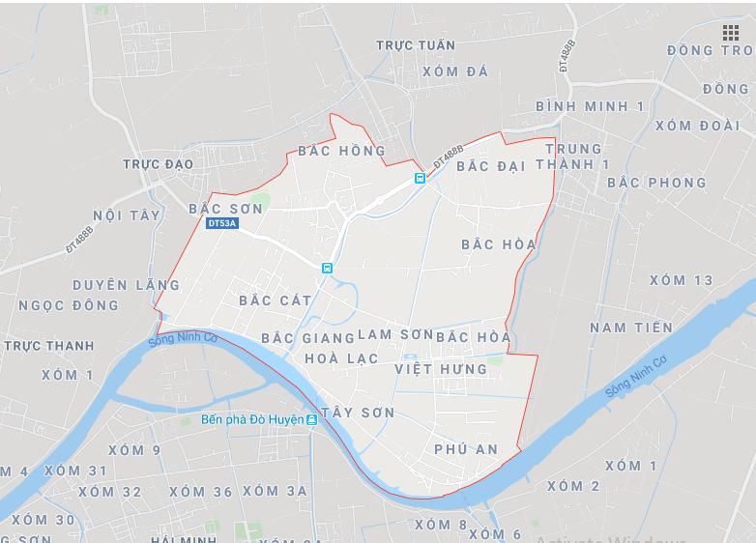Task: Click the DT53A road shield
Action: coord(221,223)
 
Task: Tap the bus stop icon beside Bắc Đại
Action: coord(420,178)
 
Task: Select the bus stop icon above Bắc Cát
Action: coord(327,268)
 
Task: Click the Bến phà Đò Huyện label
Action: coord(251,420)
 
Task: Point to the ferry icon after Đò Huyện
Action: coord(311,420)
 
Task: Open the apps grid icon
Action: coord(730,33)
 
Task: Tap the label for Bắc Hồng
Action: coord(341,151)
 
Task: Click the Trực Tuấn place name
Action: coord(415,45)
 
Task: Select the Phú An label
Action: coord(466,449)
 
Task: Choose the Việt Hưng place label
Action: coord(441,369)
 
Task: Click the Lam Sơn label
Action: coord(395,334)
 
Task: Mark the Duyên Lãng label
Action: coord(126,285)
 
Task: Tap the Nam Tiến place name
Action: coord(630,328)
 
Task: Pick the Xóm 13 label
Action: coord(681,280)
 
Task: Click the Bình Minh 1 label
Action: coord(589,106)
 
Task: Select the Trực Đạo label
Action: coord(158,164)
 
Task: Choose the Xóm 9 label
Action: coord(134,450)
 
